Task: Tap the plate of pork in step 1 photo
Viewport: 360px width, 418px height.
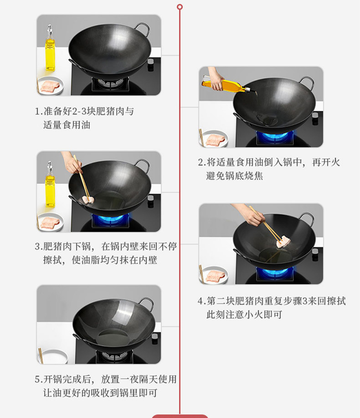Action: coord(50,86)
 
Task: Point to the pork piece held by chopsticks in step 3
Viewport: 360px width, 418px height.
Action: coord(88,199)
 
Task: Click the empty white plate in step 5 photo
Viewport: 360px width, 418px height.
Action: coord(53,357)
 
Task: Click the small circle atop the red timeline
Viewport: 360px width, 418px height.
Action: coord(180,7)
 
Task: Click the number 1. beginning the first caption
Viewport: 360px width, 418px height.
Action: coord(39,112)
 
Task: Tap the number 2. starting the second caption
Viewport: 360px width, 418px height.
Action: coord(202,163)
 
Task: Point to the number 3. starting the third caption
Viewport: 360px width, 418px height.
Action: coord(39,247)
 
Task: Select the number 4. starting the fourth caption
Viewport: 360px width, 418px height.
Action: coord(202,301)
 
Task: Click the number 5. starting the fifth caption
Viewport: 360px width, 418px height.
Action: coord(39,379)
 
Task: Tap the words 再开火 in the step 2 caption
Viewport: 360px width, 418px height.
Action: coord(326,162)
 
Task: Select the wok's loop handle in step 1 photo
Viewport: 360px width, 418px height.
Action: coord(143,28)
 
